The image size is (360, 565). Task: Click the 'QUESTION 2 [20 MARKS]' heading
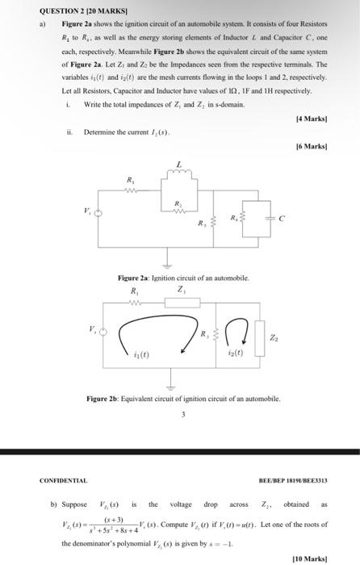[x=79, y=11]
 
